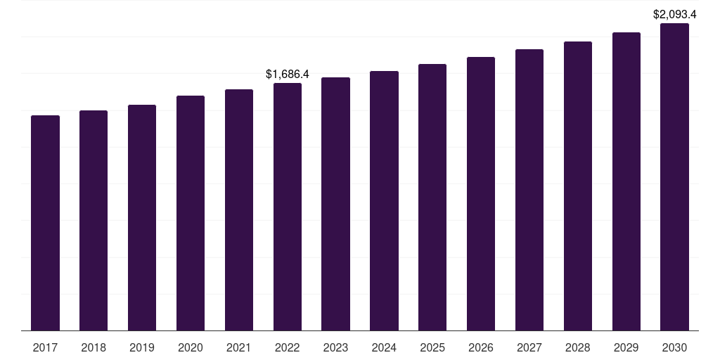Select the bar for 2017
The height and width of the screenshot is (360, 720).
pos(45,223)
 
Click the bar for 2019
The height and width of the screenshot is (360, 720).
pos(142,218)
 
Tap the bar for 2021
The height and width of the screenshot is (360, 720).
pos(239,210)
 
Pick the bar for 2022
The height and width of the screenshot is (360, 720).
pos(288,207)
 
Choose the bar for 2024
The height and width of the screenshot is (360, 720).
pos(385,200)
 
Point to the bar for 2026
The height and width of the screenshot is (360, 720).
pos(481,194)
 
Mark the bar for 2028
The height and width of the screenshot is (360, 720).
pos(578,186)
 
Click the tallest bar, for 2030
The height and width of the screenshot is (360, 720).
pos(674,176)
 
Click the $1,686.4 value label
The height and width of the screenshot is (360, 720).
pos(288,74)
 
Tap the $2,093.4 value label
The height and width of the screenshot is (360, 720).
pos(674,15)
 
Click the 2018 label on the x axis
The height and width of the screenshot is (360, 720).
pos(94,347)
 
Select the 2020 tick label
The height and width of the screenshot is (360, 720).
pos(191,347)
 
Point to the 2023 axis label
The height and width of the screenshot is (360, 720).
pos(335,347)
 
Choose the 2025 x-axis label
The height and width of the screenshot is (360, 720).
pos(432,347)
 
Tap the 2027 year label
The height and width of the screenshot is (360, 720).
pos(529,347)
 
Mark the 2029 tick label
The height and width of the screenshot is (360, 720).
pos(626,347)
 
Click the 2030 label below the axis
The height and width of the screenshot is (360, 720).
pos(674,347)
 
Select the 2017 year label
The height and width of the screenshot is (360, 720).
pos(45,347)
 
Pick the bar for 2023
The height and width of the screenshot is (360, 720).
pos(335,204)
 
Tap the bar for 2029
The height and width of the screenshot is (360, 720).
pos(626,181)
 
